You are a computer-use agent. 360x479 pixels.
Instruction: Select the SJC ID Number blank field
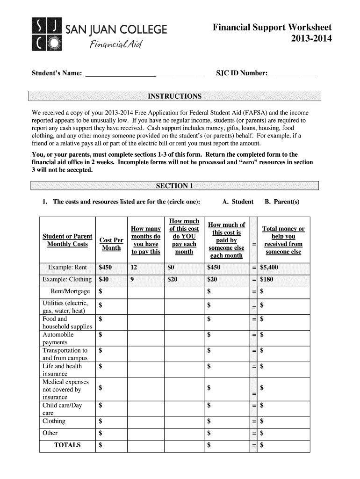click(x=292, y=73)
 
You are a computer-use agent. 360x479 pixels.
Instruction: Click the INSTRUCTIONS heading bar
click(x=174, y=96)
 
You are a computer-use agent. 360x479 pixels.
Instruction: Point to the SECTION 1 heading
click(x=174, y=186)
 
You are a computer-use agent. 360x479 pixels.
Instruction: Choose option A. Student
click(x=238, y=202)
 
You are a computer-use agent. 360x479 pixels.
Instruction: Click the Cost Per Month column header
click(x=111, y=244)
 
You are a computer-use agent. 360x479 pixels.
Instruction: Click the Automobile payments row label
click(x=58, y=339)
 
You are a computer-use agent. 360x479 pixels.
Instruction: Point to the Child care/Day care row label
click(x=62, y=409)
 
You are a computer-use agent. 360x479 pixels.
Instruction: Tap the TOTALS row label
click(x=68, y=445)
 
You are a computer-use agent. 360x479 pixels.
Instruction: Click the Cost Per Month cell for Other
click(x=111, y=433)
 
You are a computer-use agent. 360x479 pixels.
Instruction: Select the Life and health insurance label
click(x=62, y=370)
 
